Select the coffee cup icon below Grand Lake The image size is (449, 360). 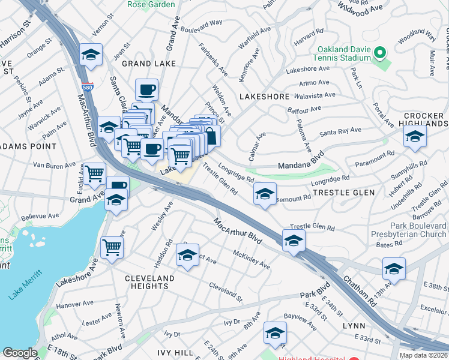[146, 91]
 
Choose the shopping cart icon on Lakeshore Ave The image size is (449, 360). [112, 247]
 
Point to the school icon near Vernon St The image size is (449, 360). [90, 55]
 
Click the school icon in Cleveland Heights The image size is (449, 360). [187, 256]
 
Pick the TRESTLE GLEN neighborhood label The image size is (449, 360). [344, 193]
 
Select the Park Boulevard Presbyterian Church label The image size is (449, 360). [414, 230]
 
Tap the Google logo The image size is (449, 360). [20, 353]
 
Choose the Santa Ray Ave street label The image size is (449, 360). [340, 131]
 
